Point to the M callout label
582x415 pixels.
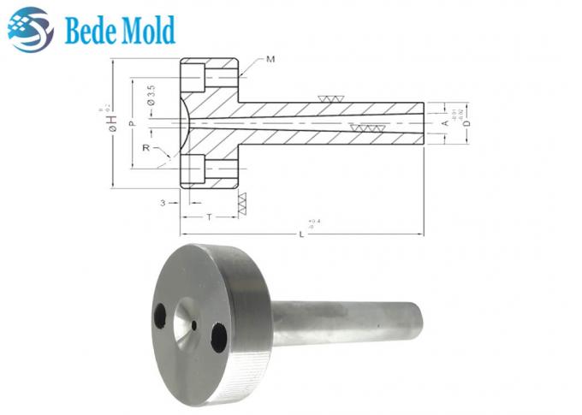pyautogui.click(x=270, y=59)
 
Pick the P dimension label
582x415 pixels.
pyautogui.click(x=131, y=124)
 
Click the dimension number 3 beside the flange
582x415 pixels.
pyautogui.click(x=162, y=203)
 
